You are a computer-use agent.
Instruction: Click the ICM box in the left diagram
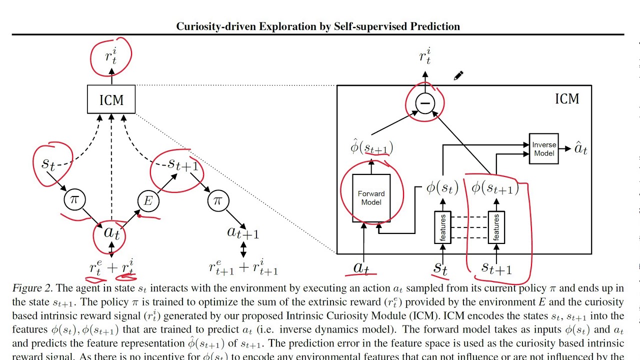[111, 99]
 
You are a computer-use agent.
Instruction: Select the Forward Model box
[371, 198]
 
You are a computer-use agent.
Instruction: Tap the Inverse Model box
[543, 149]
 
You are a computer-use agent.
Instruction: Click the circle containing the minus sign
[424, 103]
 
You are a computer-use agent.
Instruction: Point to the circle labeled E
[148, 201]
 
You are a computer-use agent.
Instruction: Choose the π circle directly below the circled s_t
[74, 200]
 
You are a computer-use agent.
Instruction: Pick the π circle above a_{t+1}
[217, 201]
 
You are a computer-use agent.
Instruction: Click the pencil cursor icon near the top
[458, 75]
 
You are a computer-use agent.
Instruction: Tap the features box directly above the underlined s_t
[442, 227]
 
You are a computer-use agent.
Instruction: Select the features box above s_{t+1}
[496, 227]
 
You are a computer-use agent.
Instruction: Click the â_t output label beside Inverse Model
[580, 148]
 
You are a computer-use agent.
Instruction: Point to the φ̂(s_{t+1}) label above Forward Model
[371, 147]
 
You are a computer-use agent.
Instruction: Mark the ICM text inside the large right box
[567, 98]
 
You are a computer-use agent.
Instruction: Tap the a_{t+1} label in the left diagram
[243, 232]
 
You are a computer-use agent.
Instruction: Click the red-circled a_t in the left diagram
[111, 232]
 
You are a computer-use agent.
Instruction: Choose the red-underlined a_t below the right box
[361, 268]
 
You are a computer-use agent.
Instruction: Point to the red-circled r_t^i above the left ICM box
[111, 56]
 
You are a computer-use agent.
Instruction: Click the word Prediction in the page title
[435, 26]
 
